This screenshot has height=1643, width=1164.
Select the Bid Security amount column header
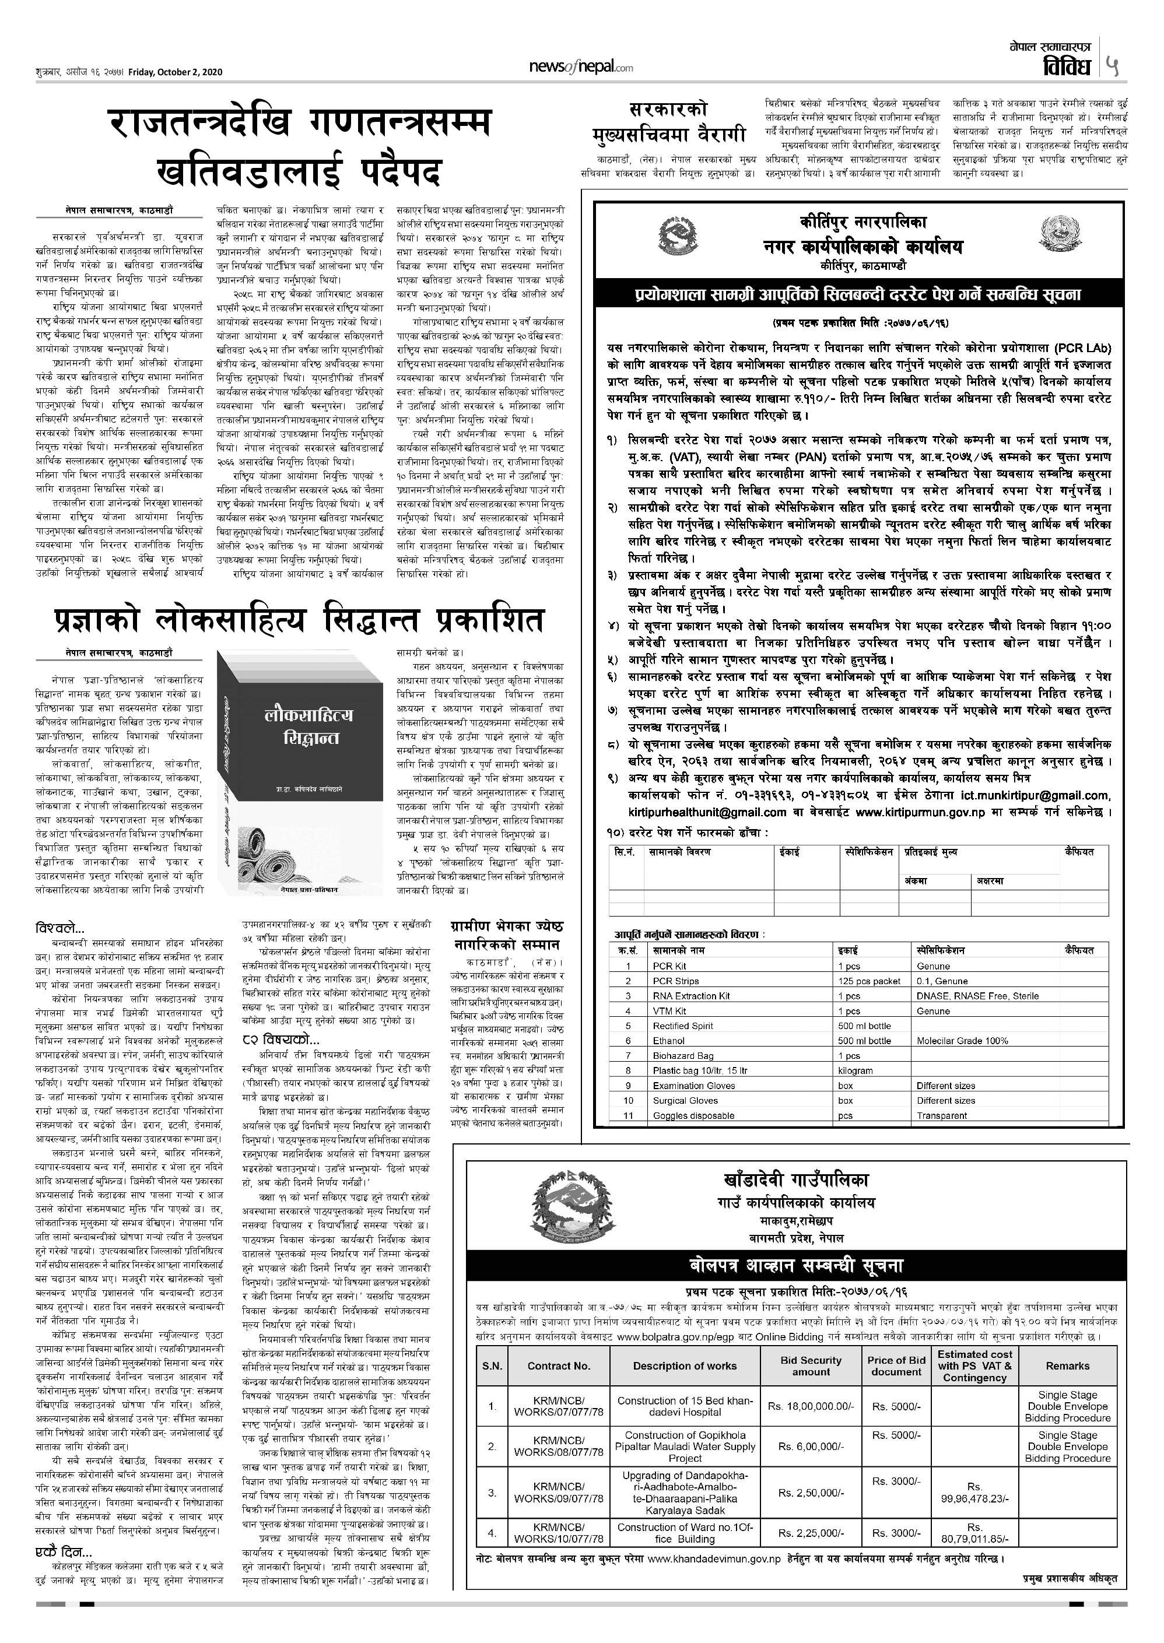click(x=811, y=1365)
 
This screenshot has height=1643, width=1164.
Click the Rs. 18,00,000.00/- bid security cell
click(x=811, y=1406)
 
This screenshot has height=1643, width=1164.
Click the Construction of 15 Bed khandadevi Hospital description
click(x=685, y=1406)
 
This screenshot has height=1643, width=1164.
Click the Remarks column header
click(x=1067, y=1365)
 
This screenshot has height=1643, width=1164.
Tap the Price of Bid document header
click(x=896, y=1365)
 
